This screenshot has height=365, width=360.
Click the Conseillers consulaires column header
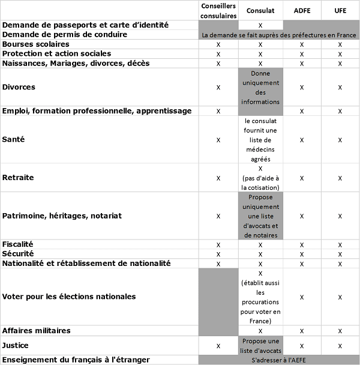click(x=218, y=10)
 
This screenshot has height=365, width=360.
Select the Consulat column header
click(x=260, y=10)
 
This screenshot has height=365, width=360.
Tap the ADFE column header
click(x=302, y=10)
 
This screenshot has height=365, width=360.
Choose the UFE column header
click(x=340, y=10)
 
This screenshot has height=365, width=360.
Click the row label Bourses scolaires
click(x=36, y=44)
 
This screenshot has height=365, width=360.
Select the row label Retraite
click(x=18, y=178)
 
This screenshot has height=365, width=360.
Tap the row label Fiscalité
click(x=18, y=244)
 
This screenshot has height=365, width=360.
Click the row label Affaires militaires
click(x=37, y=331)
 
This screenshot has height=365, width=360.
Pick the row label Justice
click(x=16, y=346)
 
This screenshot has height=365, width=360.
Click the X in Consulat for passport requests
click(x=260, y=25)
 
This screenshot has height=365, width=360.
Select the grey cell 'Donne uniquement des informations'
click(x=260, y=87)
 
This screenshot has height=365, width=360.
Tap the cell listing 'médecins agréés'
click(x=260, y=139)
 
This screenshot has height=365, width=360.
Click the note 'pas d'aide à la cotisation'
click(x=260, y=182)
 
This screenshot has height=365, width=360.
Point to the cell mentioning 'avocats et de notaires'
click(x=260, y=216)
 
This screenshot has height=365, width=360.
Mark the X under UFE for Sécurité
click(x=340, y=254)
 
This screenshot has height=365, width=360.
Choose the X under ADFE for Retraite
click(x=302, y=178)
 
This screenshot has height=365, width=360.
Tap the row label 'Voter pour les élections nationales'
click(x=69, y=297)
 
